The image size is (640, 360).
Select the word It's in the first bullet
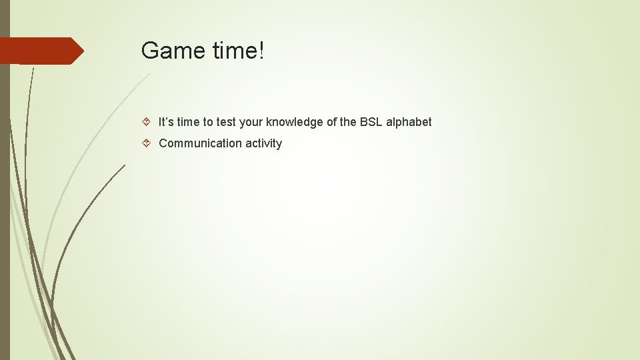[167, 122]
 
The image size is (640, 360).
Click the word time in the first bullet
[190, 122]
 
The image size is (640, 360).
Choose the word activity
[263, 143]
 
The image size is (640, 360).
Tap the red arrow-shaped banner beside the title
[40, 51]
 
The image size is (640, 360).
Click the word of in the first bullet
[332, 122]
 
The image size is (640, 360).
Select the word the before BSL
[349, 122]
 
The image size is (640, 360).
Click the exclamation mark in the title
[261, 51]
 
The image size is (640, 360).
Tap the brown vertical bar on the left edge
[5, 200]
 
